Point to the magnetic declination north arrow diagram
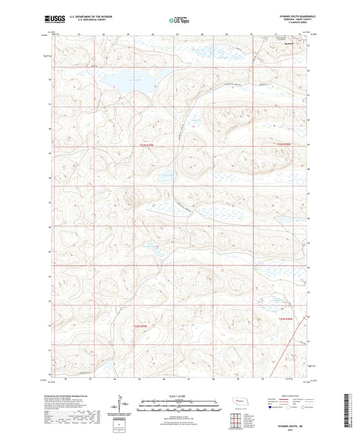coord(123,405)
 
